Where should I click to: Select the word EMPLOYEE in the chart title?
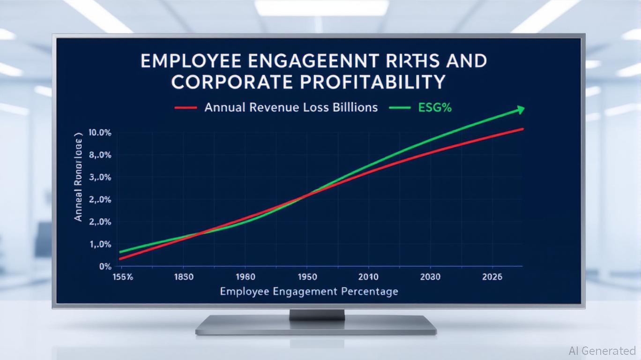point(192,61)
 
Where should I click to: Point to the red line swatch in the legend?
point(185,108)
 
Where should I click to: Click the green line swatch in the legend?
point(399,108)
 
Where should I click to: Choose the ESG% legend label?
point(434,107)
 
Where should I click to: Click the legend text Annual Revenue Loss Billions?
point(291,107)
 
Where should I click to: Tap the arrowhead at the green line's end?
point(520,110)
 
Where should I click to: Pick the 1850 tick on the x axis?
point(183,277)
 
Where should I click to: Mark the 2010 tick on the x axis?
point(368,277)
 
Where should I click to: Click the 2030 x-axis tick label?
point(430,277)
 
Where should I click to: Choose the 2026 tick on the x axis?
point(492,277)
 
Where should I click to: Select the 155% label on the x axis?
point(123,277)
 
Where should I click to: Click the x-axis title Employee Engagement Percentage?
point(309,292)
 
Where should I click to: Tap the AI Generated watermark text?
point(602,351)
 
